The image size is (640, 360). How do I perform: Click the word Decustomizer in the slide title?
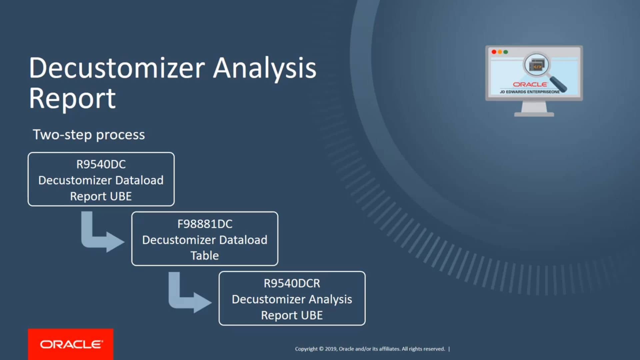[117, 68]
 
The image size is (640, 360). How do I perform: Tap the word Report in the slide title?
[72, 99]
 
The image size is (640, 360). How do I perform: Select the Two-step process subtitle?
[89, 135]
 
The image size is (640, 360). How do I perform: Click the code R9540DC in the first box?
[101, 164]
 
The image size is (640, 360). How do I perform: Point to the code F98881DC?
[205, 224]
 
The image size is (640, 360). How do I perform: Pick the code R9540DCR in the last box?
[292, 283]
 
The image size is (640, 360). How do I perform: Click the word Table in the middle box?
[205, 256]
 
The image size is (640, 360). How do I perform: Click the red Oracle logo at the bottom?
[71, 344]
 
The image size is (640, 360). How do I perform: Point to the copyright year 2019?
[331, 349]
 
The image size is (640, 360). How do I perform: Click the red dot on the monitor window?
[494, 52]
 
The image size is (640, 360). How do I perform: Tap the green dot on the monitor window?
[506, 52]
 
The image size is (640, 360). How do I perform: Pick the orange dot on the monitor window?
[500, 52]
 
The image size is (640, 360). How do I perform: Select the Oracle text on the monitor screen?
[530, 85]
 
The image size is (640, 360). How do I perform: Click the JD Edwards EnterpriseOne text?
[530, 92]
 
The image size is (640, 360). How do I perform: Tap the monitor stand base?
[534, 114]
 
